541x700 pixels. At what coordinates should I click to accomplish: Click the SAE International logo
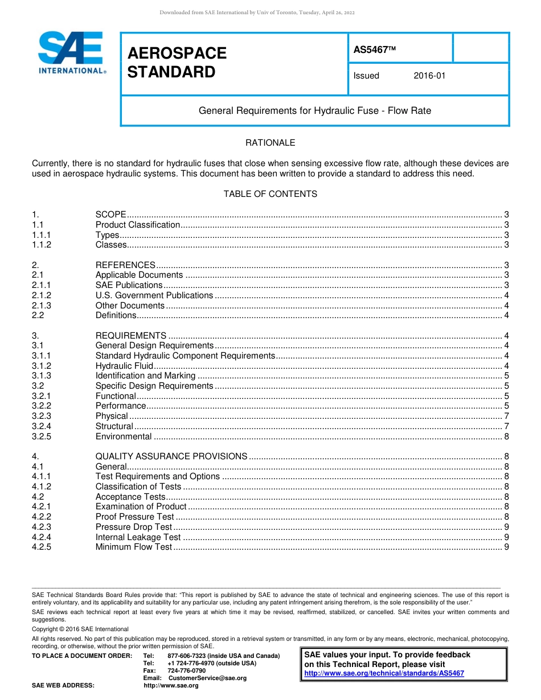coord(71,53)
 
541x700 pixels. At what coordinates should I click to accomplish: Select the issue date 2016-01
coord(429,76)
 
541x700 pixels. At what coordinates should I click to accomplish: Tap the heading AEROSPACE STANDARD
coord(177,63)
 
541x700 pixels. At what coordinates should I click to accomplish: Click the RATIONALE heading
coord(270,143)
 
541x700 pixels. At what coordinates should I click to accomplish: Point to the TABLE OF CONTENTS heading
coord(270,194)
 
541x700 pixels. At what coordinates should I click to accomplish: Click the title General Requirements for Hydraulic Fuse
coord(314,110)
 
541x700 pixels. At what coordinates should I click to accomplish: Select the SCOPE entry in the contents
coord(110,215)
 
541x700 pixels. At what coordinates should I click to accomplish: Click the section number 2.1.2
coord(42,295)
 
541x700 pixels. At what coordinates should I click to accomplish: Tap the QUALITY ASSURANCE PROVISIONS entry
coord(171,456)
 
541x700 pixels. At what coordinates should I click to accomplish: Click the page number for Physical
coord(506,416)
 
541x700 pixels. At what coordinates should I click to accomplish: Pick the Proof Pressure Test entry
coord(134,517)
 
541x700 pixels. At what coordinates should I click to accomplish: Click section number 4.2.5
coord(42,547)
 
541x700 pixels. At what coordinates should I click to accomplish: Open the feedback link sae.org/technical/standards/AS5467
coord(384,673)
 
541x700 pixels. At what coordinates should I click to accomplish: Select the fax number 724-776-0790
coord(186,671)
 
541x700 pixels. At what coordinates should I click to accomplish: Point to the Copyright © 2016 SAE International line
coord(80,629)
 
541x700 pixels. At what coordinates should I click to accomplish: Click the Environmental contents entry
coord(124,437)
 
